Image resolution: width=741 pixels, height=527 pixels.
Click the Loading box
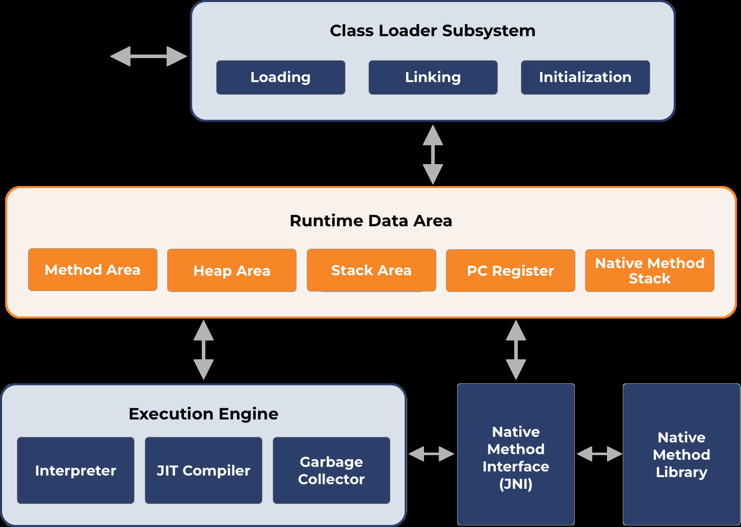tap(280, 77)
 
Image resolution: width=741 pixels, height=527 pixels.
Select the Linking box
tap(433, 77)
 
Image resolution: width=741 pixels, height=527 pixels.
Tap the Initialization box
tap(585, 77)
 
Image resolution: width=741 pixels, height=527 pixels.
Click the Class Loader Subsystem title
tap(432, 31)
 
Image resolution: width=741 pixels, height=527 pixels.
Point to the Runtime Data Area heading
tap(371, 221)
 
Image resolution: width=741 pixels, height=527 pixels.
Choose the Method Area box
tap(92, 270)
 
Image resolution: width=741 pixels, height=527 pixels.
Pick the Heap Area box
tap(231, 271)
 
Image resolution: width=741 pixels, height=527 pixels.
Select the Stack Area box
tap(371, 270)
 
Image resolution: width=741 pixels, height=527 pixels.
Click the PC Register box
tap(510, 271)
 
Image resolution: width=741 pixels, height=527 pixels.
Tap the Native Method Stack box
tap(649, 271)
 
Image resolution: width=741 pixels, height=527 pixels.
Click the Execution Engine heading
tap(203, 414)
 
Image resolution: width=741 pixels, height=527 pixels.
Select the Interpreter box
tap(75, 470)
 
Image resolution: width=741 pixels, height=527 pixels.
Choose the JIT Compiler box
tap(203, 470)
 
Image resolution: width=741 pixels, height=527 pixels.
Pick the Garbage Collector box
tap(331, 470)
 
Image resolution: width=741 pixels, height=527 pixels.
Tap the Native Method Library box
tap(681, 454)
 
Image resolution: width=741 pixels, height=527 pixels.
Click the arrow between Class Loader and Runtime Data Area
tap(433, 154)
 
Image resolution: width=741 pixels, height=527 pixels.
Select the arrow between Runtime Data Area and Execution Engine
tap(203, 350)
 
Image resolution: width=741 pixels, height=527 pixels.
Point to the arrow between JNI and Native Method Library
tap(599, 453)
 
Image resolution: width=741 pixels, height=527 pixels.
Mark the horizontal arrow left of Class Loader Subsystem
tap(148, 56)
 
